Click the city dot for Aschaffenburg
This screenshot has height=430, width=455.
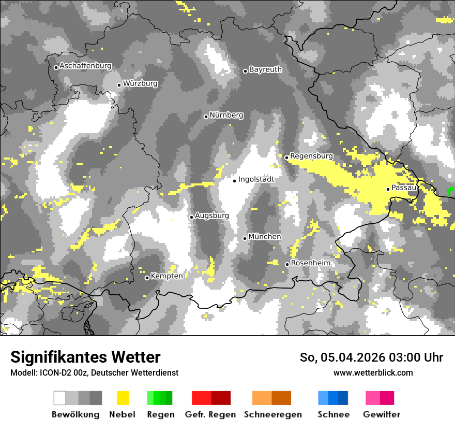56,67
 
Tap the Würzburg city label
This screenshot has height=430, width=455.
140,83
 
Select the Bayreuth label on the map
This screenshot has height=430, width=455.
265,69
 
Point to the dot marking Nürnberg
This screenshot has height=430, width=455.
206,117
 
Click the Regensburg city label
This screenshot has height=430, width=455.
311,155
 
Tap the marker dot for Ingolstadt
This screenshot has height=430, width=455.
234,181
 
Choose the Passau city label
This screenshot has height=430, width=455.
404,187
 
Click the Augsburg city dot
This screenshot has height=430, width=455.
191,217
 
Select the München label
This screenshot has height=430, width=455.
265,236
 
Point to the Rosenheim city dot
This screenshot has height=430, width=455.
287,264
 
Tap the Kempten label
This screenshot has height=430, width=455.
166,276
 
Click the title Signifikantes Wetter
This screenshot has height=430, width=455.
85,357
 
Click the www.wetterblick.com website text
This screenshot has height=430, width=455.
373,372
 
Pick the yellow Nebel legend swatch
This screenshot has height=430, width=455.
123,398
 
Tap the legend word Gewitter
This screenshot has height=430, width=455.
381,414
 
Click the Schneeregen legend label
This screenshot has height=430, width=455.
273,414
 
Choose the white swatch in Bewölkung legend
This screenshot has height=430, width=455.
60,398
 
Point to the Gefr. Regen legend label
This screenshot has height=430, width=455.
210,414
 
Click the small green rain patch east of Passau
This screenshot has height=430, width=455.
449,191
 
